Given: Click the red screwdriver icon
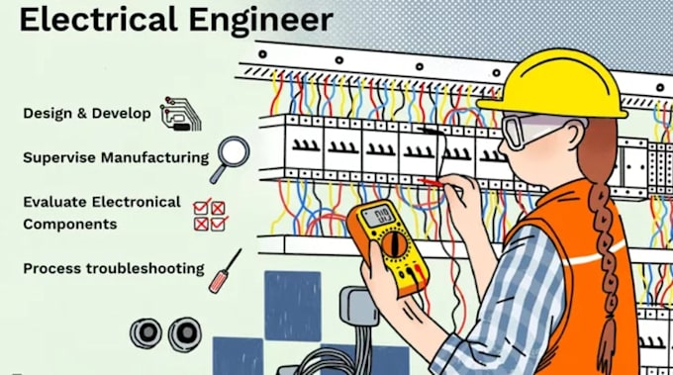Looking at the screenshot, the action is [225, 269].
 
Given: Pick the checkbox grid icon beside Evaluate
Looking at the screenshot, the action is [209, 215].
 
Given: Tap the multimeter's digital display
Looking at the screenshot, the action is [380, 216].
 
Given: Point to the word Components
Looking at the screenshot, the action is [70, 224].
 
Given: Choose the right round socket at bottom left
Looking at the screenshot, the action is [185, 333].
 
